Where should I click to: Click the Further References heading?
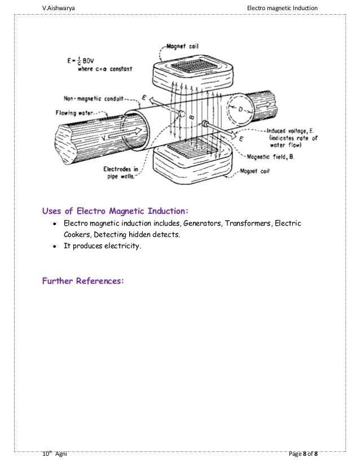[82, 280]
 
